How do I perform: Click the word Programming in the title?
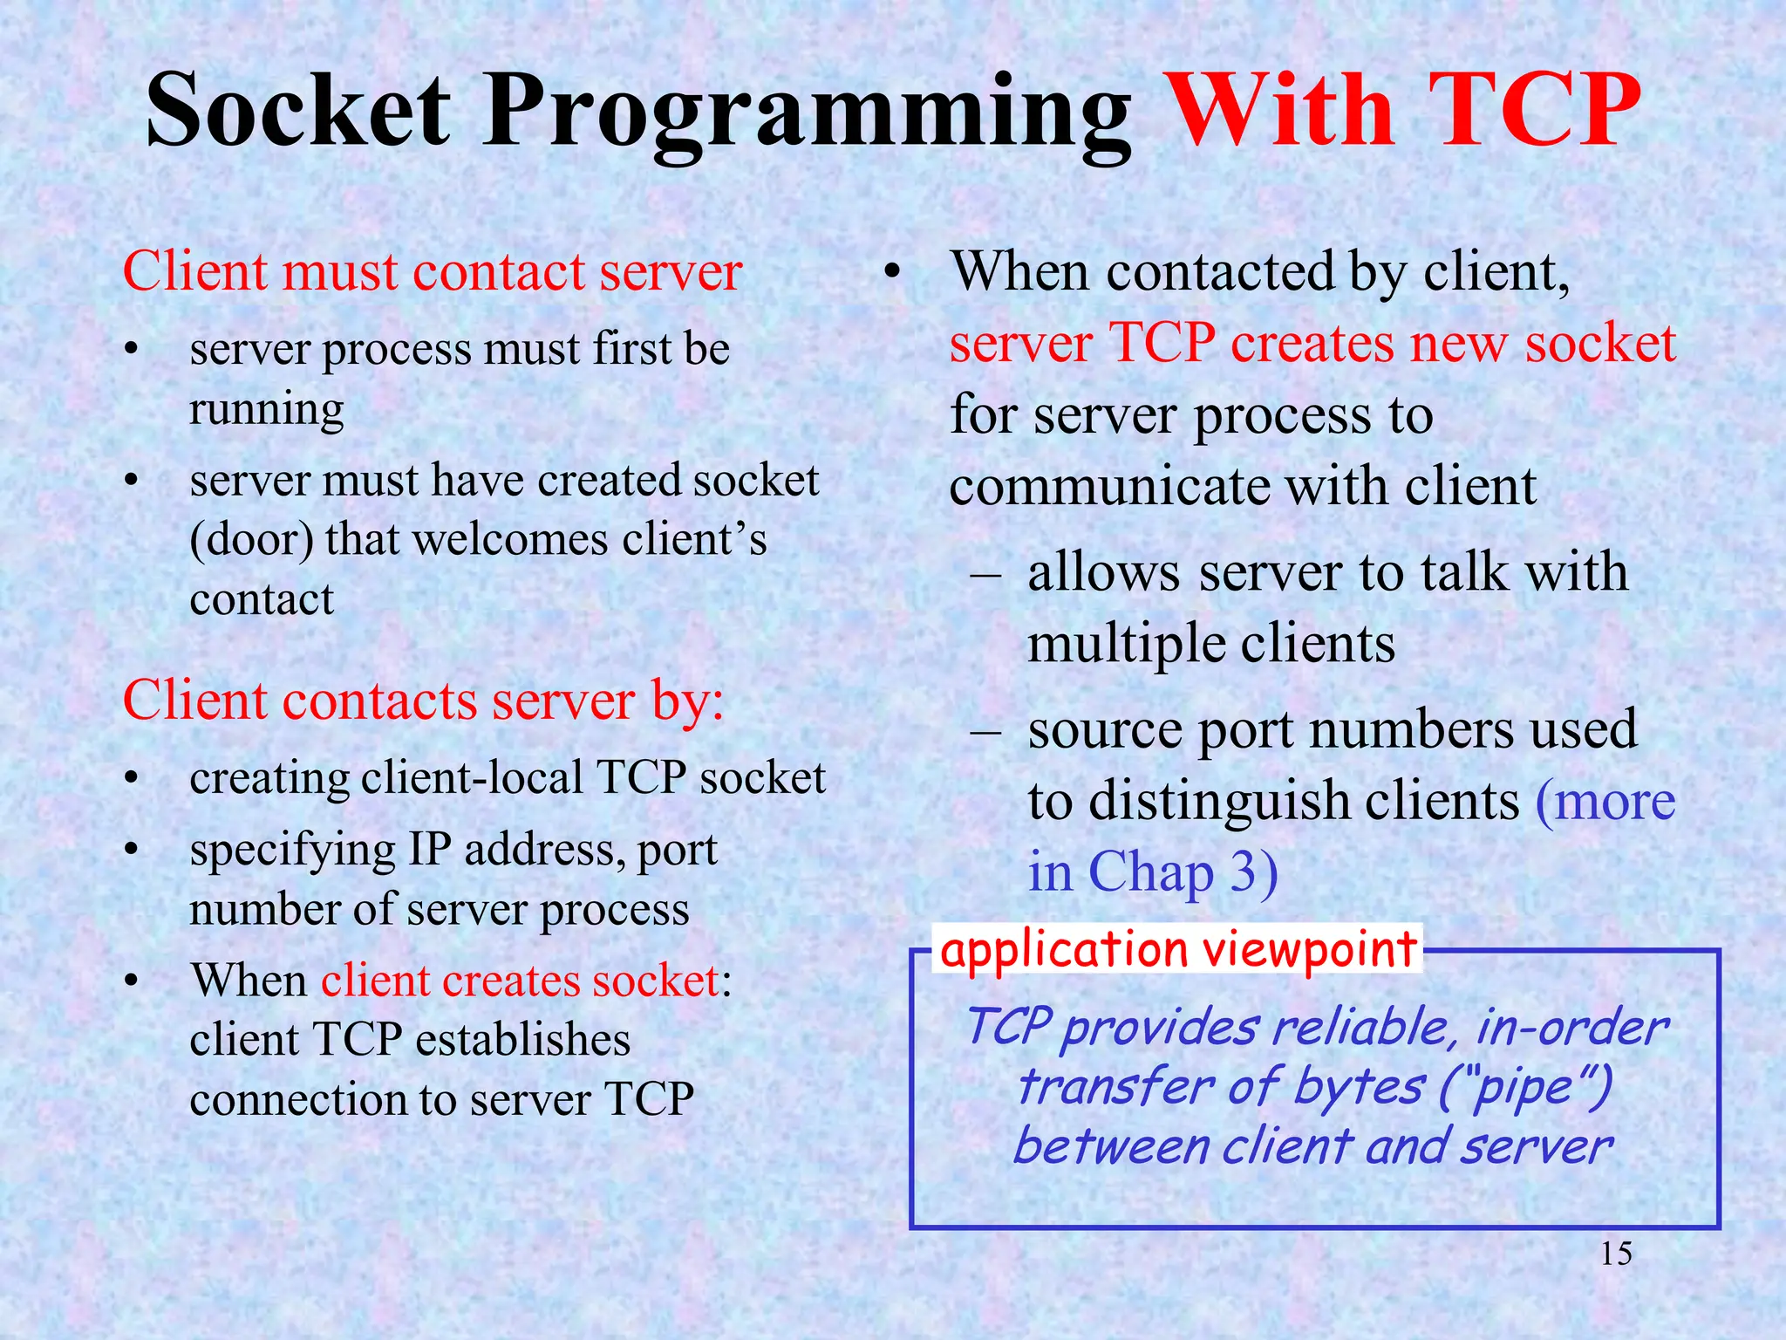tap(807, 118)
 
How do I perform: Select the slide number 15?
tap(1616, 1254)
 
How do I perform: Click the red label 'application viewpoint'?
tap(1178, 949)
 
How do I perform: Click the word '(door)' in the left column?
tap(252, 540)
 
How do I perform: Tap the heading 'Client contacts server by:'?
tap(423, 701)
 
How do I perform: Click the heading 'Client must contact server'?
tap(432, 271)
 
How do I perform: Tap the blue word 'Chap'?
tap(1151, 873)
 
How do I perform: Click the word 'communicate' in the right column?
tap(1108, 487)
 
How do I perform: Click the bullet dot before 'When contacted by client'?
tap(890, 273)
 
